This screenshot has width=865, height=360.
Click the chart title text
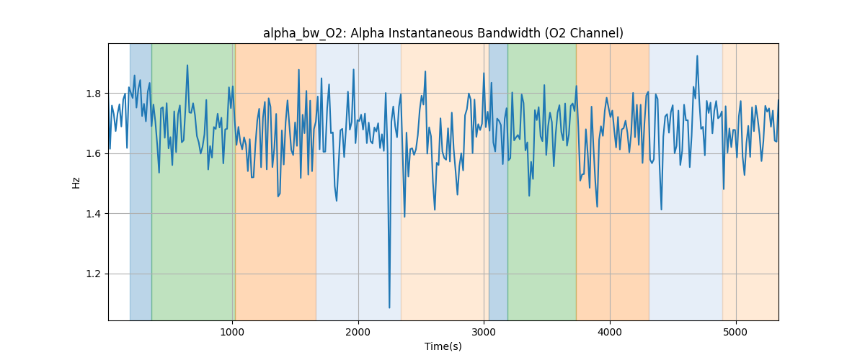[443, 33]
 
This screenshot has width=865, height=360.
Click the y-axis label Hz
[76, 182]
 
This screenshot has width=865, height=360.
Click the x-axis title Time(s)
[443, 346]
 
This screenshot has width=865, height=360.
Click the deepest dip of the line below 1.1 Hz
[389, 307]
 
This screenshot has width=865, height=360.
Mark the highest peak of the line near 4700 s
[697, 56]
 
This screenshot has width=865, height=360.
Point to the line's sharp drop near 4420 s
[662, 209]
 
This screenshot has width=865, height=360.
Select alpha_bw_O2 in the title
[297, 33]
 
